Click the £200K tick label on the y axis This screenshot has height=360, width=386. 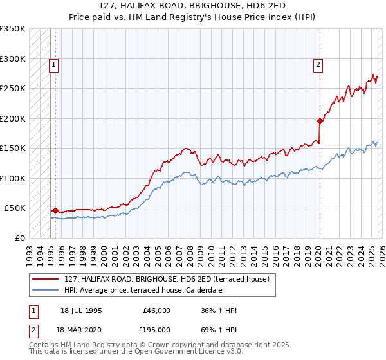13,118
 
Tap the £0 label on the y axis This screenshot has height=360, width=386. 21,238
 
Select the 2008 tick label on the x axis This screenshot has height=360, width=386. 190,251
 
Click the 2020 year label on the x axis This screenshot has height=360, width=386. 318,251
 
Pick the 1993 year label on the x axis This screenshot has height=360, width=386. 29,251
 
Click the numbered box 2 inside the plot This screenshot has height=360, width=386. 318,64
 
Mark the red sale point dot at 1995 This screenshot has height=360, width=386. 55,210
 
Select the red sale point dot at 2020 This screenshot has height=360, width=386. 320,121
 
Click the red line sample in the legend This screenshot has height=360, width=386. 46,279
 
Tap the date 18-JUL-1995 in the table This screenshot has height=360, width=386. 81,310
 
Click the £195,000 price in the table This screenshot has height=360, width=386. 156,328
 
